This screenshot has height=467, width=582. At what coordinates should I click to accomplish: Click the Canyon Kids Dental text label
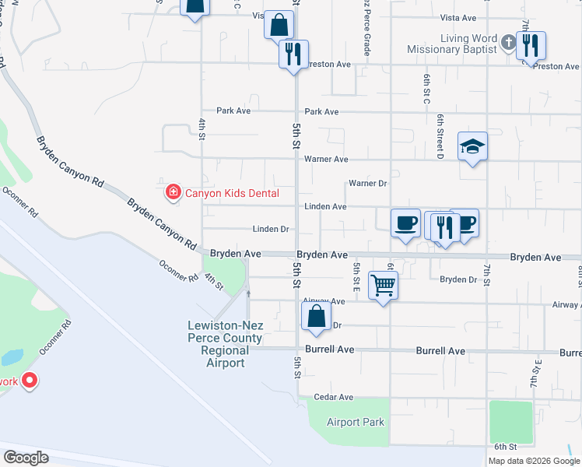(226, 191)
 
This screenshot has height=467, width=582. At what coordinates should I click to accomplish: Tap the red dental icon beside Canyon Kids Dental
(173, 191)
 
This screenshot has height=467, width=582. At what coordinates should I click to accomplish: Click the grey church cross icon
(507, 43)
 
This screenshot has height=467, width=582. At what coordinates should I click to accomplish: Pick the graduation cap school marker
(472, 146)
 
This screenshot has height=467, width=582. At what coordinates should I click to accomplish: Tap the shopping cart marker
(383, 285)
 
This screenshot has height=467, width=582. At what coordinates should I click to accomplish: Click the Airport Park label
(356, 422)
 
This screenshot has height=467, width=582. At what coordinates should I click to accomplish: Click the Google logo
(26, 457)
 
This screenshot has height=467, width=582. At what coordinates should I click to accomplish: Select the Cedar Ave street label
(334, 397)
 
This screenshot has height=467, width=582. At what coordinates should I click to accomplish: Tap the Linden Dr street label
(271, 230)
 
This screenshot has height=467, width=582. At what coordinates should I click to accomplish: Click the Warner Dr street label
(368, 184)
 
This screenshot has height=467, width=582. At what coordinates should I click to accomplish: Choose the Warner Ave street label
(326, 160)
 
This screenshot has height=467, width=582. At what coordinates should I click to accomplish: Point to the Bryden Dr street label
(458, 279)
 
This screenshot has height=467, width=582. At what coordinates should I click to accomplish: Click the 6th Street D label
(440, 136)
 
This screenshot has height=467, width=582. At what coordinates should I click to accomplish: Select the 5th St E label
(356, 277)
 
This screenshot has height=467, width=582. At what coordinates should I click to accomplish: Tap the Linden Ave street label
(326, 207)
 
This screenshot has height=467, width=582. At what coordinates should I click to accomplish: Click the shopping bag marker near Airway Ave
(316, 316)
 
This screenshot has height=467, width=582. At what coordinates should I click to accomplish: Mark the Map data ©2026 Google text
(533, 461)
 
